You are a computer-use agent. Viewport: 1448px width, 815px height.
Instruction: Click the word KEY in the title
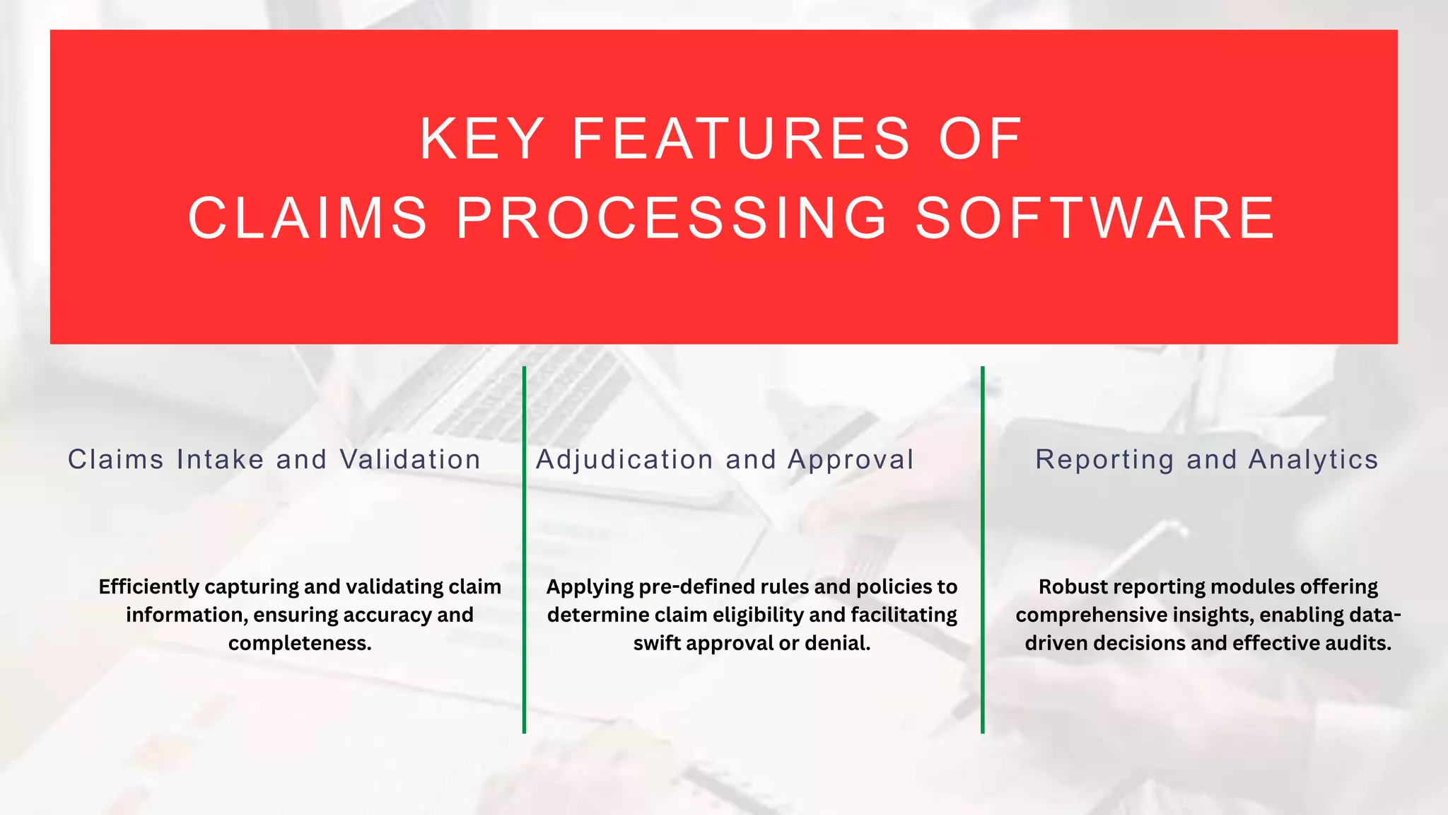481,139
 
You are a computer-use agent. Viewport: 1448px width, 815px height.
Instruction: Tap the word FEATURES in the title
740,139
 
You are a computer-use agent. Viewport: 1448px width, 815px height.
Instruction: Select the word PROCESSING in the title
672,218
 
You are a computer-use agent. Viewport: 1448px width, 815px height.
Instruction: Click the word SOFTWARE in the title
1096,218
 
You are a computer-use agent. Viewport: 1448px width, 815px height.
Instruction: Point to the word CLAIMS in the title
308,218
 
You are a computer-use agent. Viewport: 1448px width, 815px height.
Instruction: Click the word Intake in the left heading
221,460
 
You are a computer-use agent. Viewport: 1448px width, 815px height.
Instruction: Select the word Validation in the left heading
410,460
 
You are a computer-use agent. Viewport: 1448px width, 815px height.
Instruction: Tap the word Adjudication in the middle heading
624,460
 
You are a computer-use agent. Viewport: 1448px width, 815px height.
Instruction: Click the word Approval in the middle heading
851,460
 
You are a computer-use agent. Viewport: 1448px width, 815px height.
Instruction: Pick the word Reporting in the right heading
1104,460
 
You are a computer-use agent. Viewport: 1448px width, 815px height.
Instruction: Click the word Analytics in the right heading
1313,460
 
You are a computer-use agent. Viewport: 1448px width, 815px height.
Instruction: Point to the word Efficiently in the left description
148,587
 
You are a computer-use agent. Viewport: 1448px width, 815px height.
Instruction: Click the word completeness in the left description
298,644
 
